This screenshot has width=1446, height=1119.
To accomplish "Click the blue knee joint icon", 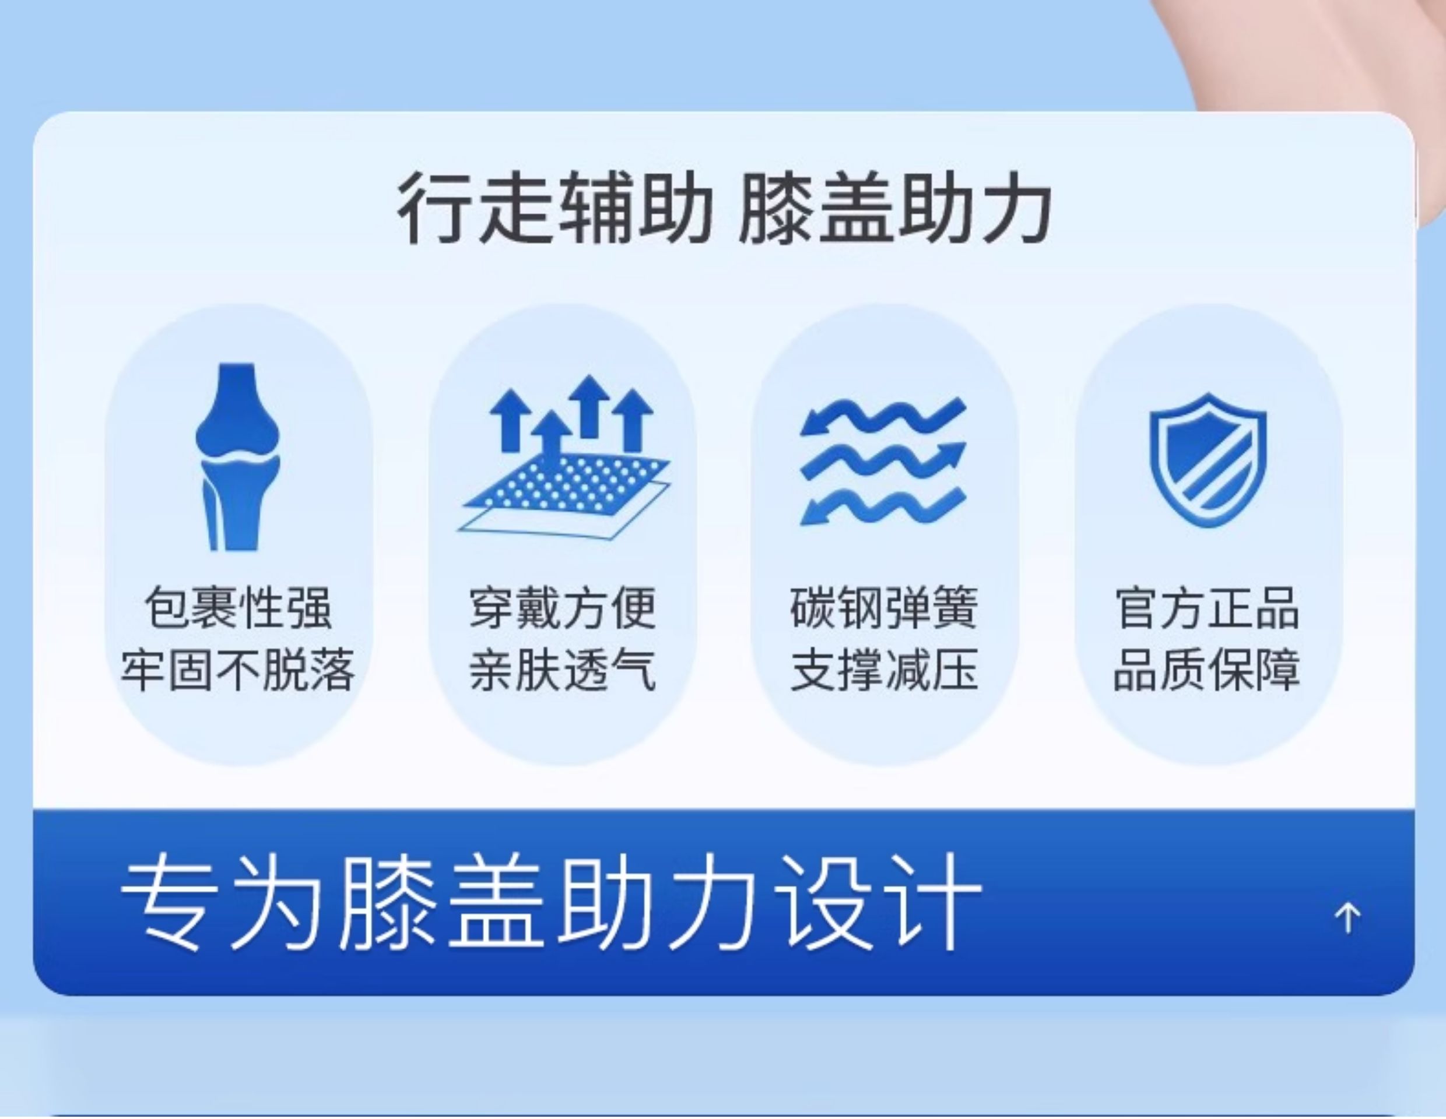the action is click(238, 456).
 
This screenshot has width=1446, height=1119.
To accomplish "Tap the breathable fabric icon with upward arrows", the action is click(563, 456).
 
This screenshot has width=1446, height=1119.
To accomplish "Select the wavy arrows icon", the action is click(883, 461).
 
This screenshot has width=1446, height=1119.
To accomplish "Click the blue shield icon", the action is click(1208, 460).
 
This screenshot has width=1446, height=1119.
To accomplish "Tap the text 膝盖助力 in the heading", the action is click(894, 207).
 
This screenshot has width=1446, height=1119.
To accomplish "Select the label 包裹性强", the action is click(238, 607).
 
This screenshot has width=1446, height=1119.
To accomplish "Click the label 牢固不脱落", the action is click(238, 670).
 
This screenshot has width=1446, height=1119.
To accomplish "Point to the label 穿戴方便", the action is click(563, 607).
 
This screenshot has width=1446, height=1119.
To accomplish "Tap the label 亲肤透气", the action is click(563, 670).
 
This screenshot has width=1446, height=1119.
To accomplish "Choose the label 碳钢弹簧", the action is click(884, 607).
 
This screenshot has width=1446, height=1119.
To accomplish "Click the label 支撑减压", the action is click(884, 670).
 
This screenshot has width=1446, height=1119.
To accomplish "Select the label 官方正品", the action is click(1207, 607).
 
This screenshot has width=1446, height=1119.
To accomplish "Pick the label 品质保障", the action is click(1207, 670).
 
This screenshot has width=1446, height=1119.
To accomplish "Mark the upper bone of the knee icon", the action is click(238, 410).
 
